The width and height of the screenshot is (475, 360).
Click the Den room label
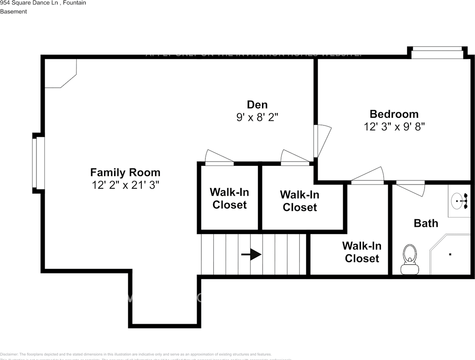coord(257,105)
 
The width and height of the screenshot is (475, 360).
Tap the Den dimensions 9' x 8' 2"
coord(257,117)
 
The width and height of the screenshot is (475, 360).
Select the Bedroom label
coord(394,114)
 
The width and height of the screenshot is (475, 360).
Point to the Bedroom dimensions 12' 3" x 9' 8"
coord(394,127)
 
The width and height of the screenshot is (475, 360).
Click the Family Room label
coord(125,172)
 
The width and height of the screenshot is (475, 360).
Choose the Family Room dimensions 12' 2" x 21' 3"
coord(125,185)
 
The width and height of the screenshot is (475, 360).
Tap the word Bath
coord(426,223)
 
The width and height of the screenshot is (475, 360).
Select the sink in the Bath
coord(458,201)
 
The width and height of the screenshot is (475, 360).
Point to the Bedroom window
coord(437,53)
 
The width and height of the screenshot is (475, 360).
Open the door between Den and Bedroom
coord(322,141)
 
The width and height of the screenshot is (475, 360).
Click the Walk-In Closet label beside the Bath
coord(362,252)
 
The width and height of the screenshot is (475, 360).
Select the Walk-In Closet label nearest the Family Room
coord(229,198)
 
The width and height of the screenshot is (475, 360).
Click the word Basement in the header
coord(13,12)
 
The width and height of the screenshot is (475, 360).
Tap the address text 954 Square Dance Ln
coord(29,3)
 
